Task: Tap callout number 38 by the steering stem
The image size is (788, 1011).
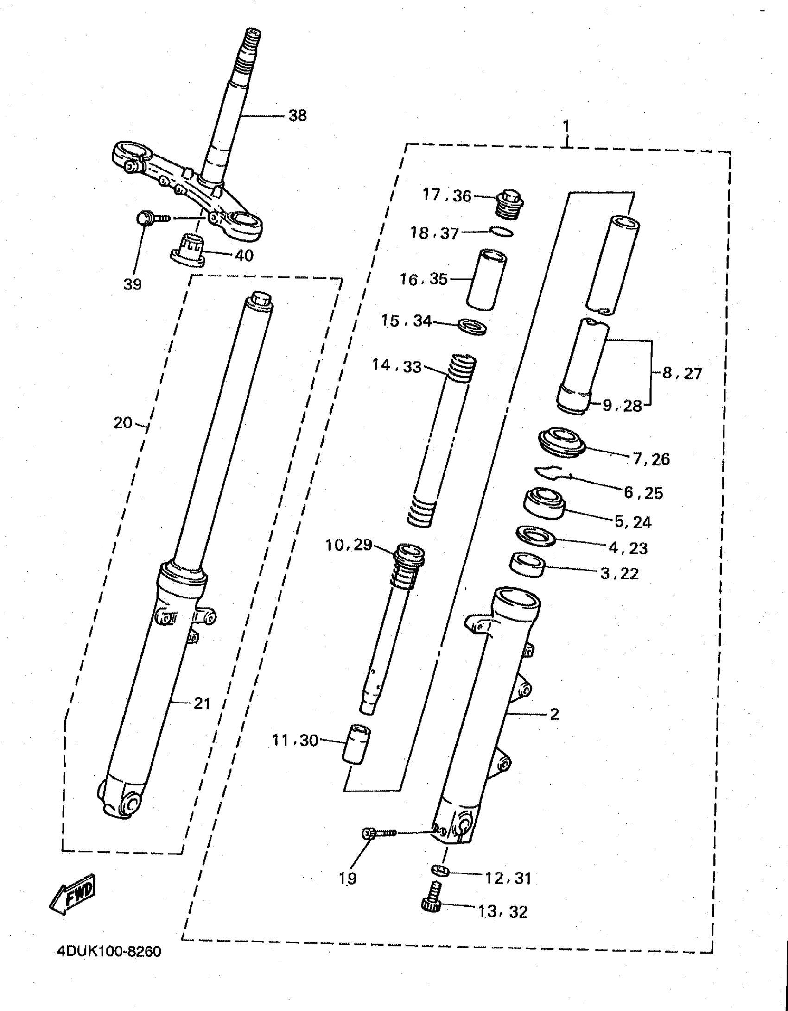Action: (298, 115)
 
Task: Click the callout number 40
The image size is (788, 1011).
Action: (244, 255)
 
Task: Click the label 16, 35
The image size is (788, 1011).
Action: (424, 279)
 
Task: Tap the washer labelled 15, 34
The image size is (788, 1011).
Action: (472, 326)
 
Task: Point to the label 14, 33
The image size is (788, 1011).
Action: (397, 366)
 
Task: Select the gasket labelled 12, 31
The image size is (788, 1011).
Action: (440, 871)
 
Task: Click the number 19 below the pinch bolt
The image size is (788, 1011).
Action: (348, 878)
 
